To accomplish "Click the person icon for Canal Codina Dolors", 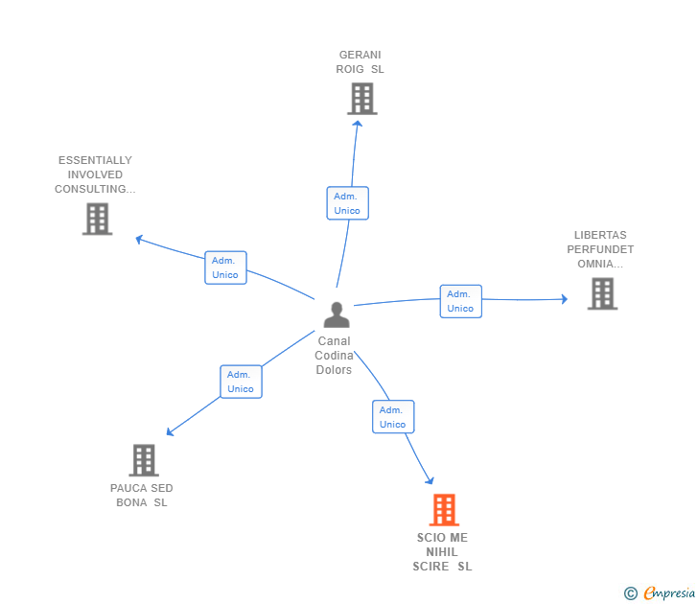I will (x=337, y=314).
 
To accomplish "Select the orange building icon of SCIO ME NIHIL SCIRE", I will (x=444, y=510).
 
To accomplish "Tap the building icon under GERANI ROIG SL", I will (x=361, y=99).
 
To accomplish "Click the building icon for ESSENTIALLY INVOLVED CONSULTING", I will (x=97, y=220).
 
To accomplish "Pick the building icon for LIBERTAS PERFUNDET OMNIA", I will (x=602, y=294).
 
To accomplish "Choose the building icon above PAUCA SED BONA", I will (x=143, y=460).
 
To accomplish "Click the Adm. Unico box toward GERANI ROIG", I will (x=347, y=203).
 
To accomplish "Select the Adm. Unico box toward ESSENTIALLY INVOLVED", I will (x=225, y=267).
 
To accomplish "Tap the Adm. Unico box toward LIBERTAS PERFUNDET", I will (x=460, y=301).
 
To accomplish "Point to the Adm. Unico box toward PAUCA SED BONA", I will (x=241, y=382).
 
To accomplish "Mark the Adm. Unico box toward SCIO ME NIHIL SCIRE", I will (x=392, y=417).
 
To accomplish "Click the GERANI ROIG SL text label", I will (x=361, y=62).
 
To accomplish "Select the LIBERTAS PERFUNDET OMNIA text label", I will (x=600, y=249).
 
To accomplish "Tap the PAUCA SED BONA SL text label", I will (x=142, y=496).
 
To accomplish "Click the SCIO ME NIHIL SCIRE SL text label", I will (x=443, y=552).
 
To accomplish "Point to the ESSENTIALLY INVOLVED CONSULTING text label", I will (x=95, y=174).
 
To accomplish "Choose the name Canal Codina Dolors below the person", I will (x=335, y=356).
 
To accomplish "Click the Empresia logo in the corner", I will (x=661, y=593).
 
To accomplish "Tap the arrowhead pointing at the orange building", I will (x=430, y=480).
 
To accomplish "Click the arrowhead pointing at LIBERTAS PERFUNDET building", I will (x=564, y=299).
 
